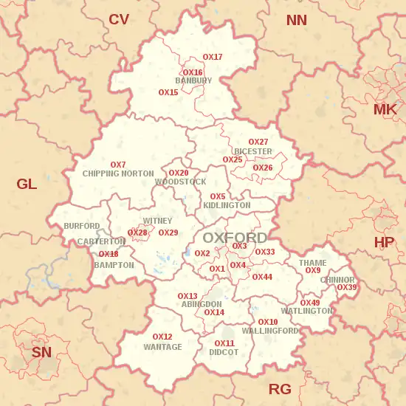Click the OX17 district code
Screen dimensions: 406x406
coord(213,57)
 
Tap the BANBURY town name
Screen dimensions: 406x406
coord(193,80)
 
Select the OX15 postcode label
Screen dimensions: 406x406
coord(168,92)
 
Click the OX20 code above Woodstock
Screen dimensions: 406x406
coord(179,173)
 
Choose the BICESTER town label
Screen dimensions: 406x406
coord(253,151)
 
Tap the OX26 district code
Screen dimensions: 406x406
coord(263,168)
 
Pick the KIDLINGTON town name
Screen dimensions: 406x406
coord(227,205)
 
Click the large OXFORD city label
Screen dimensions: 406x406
coord(235,238)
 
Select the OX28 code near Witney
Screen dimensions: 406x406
coord(137,233)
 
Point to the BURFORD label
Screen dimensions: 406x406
coord(81,226)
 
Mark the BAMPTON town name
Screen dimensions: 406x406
coord(114,265)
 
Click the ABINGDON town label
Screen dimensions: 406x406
coord(201,304)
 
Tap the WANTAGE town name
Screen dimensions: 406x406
coord(162,347)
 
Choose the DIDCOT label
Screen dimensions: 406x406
coord(224,353)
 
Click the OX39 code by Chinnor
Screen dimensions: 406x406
coord(346,287)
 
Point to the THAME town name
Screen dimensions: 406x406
coord(312,263)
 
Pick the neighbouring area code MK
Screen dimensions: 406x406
coord(385,110)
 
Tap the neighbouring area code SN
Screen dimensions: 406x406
coord(41,352)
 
